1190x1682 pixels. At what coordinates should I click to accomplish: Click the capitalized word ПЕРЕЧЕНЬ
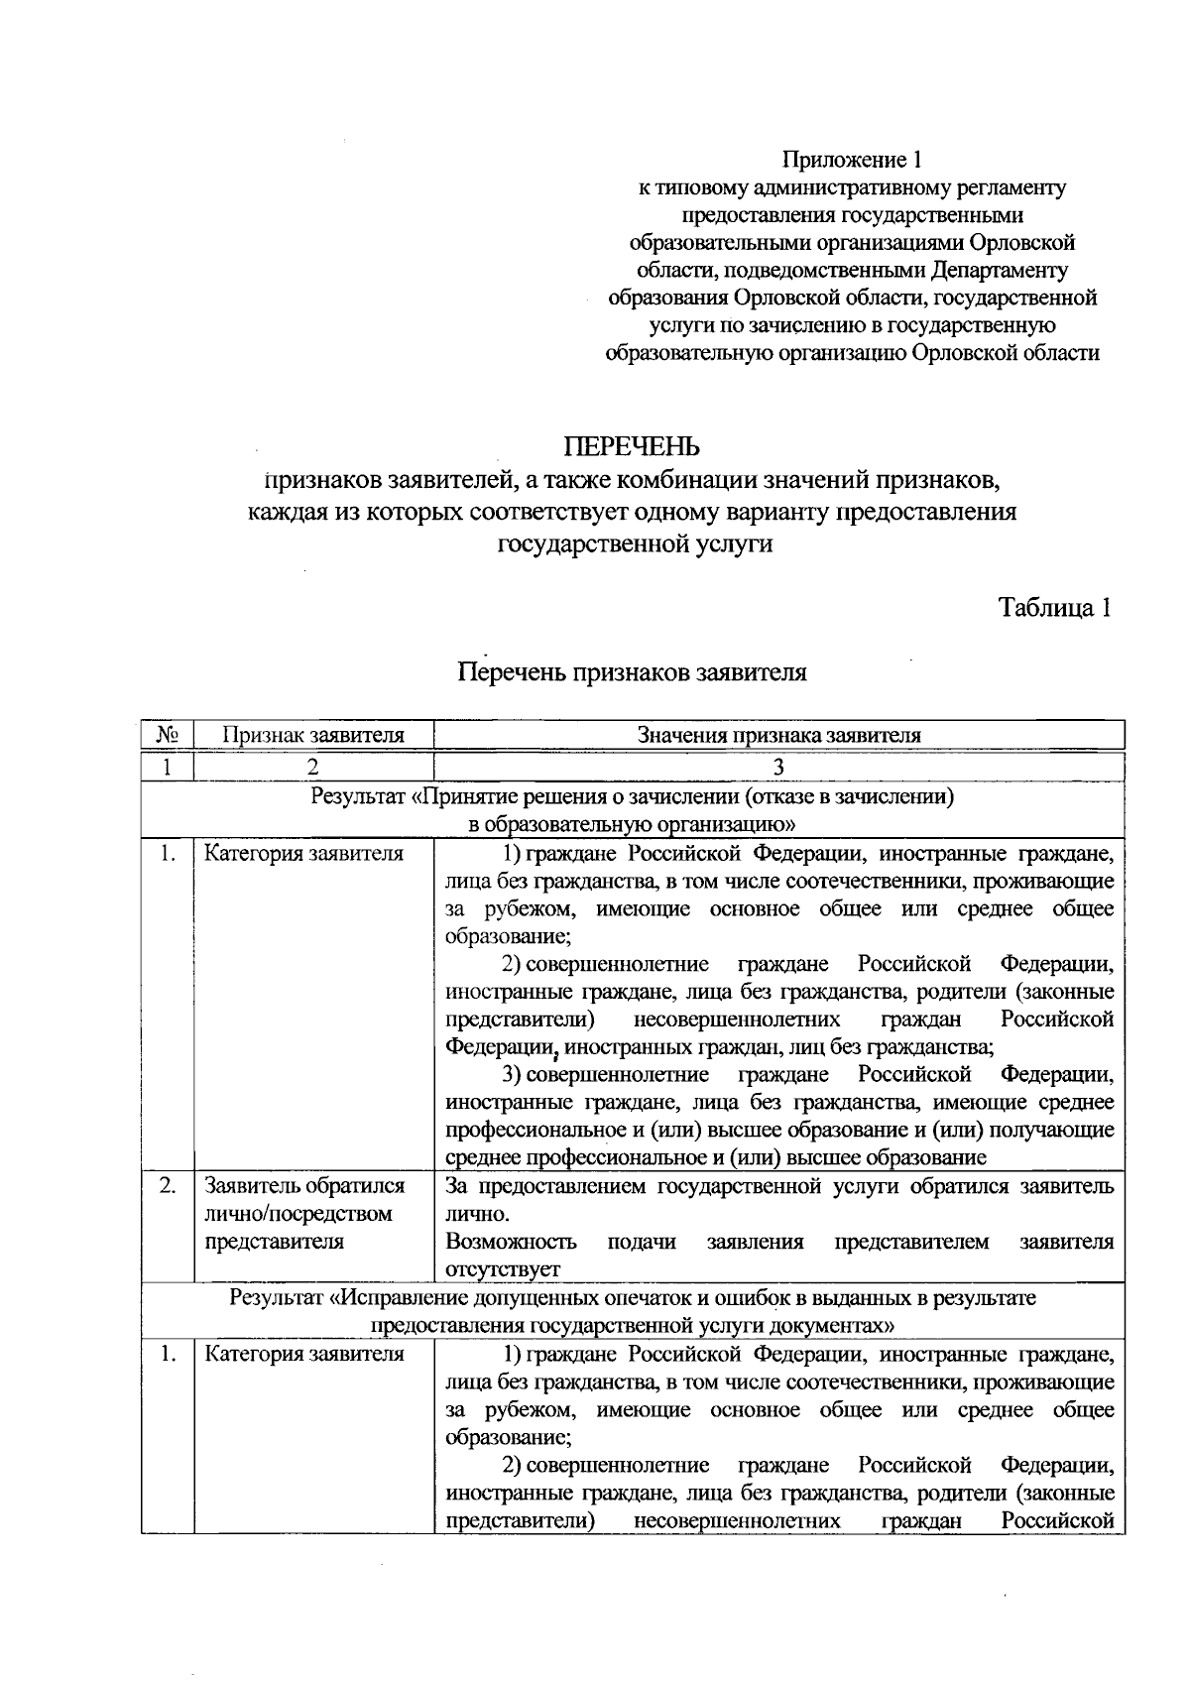[x=632, y=447]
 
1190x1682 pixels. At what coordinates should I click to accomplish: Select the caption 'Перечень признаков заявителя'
[x=632, y=672]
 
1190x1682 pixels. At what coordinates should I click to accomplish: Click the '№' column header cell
[x=167, y=735]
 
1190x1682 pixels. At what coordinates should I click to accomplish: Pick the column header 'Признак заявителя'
[x=313, y=735]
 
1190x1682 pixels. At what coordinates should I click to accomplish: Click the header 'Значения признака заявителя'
[x=778, y=735]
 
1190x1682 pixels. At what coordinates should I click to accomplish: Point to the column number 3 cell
[x=778, y=767]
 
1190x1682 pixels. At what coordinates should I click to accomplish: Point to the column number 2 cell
[x=313, y=767]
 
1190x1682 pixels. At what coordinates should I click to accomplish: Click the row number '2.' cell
[x=167, y=1186]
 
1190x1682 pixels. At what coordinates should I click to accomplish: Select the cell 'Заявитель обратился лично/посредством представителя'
[x=302, y=1214]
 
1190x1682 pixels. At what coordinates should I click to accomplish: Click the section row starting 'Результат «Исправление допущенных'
[x=632, y=1311]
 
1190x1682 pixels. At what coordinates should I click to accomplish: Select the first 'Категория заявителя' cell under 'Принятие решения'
[x=303, y=854]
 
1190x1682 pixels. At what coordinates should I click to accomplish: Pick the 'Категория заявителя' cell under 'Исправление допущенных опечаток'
[x=303, y=1355]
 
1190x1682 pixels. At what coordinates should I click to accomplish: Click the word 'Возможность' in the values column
[x=511, y=1242]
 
